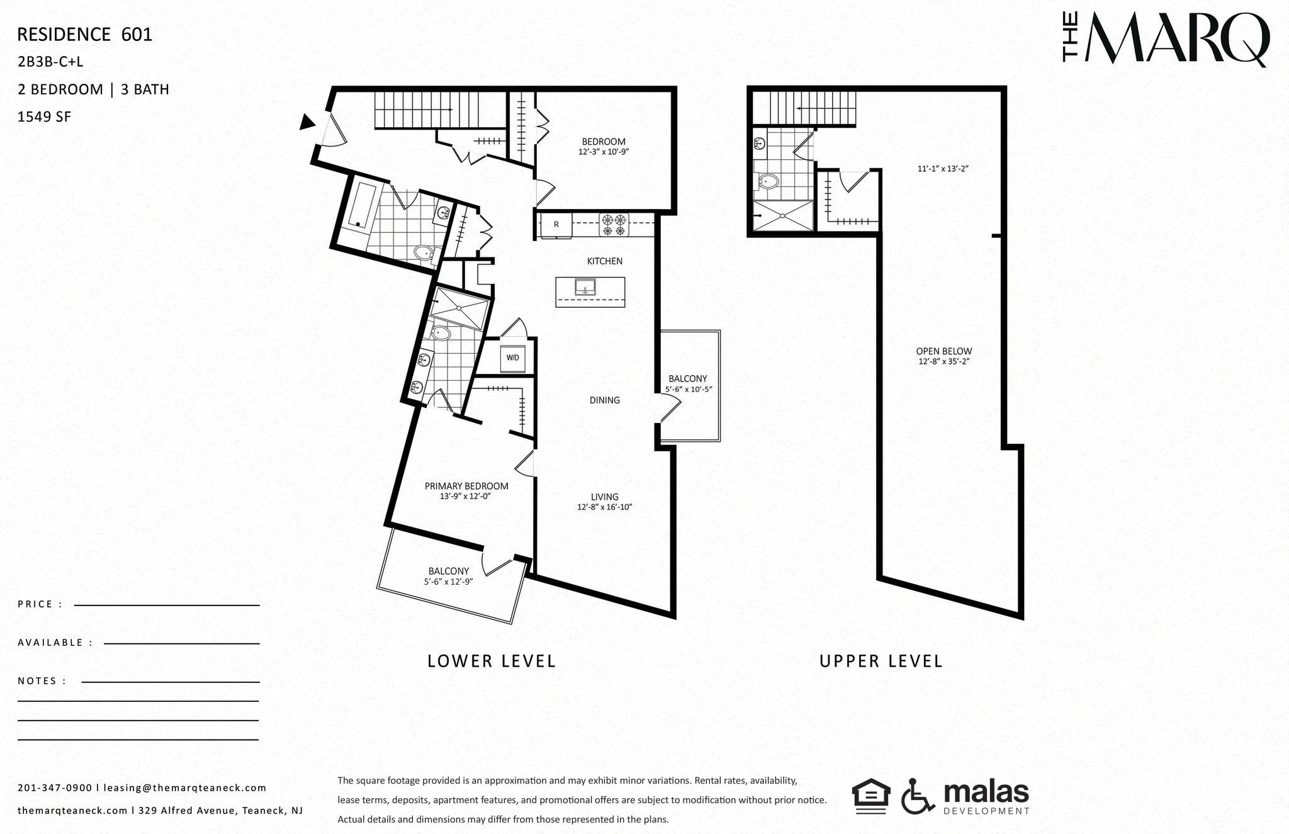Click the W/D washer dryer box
coord(513,358)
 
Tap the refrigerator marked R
coord(556,225)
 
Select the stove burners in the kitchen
coord(614,225)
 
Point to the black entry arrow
coord(307,122)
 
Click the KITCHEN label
coord(604,261)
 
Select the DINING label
coord(604,400)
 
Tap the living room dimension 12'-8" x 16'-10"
coord(604,507)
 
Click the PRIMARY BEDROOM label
coord(466,486)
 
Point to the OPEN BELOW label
coord(943,351)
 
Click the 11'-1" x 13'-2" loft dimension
coord(942,169)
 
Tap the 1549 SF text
coord(44,116)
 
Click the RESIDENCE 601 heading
coord(84,35)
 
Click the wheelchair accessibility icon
coord(918,796)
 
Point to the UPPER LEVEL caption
coord(881,661)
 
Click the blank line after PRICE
coord(167,604)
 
